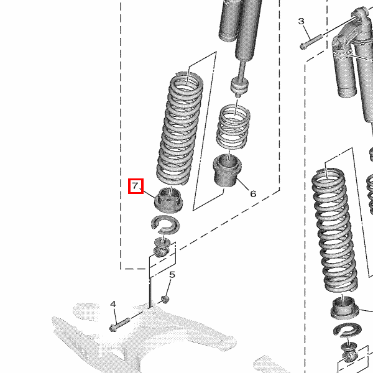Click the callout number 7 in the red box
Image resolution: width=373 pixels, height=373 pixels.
point(135,185)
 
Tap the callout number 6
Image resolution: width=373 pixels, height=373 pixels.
point(253,194)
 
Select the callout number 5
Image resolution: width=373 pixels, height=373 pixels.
point(172,275)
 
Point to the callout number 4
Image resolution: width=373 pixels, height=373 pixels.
point(113,304)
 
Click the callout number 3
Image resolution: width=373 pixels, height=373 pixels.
point(301,21)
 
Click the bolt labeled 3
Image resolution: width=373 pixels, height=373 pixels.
point(311,42)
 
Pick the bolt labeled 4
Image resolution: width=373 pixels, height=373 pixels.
point(119,325)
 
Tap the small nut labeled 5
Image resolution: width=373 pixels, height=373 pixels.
point(165,299)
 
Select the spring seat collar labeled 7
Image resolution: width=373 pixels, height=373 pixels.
point(168,200)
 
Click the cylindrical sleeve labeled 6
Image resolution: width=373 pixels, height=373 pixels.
point(227,170)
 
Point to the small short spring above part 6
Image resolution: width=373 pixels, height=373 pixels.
point(233,127)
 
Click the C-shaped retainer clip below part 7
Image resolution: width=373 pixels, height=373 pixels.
point(165,224)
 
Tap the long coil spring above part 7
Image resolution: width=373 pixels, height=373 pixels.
point(180,129)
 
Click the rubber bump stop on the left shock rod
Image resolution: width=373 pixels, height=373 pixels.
point(239,85)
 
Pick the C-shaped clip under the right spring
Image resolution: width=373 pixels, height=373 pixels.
point(348,331)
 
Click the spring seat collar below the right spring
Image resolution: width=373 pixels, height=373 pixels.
point(345,308)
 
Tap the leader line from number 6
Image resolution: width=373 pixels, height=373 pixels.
point(242,183)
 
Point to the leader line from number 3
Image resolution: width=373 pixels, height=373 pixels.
point(307,32)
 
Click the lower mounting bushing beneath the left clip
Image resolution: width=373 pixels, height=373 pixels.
point(162,247)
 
